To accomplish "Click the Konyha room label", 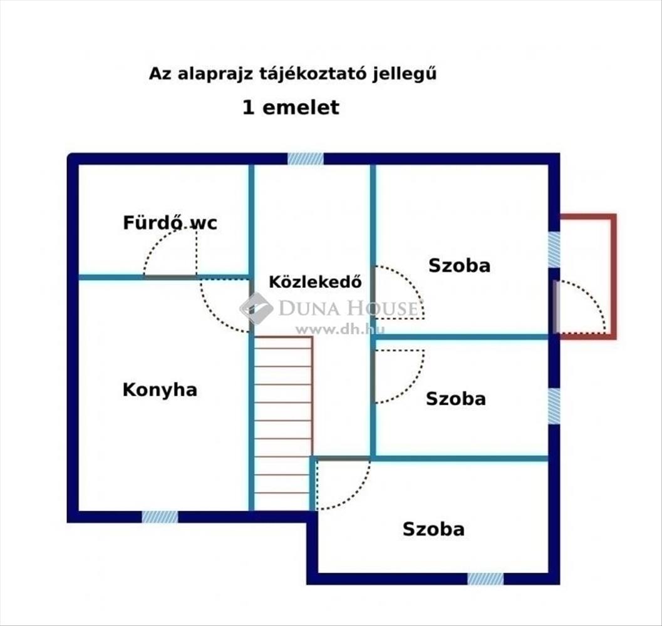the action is pyautogui.click(x=160, y=389).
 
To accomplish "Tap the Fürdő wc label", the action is pyautogui.click(x=170, y=222).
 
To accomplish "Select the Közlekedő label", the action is pyautogui.click(x=316, y=282).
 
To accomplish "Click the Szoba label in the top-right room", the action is pyautogui.click(x=459, y=265).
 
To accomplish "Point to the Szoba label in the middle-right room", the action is pyautogui.click(x=455, y=399).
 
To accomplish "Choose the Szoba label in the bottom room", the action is pyautogui.click(x=433, y=529).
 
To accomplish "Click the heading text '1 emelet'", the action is pyautogui.click(x=291, y=107).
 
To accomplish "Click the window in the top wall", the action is pyautogui.click(x=306, y=159).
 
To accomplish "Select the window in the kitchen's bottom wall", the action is pyautogui.click(x=160, y=516).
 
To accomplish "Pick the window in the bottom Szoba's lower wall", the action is pyautogui.click(x=485, y=578).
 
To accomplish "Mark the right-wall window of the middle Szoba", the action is pyautogui.click(x=554, y=406).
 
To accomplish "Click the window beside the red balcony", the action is pyautogui.click(x=554, y=250).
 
